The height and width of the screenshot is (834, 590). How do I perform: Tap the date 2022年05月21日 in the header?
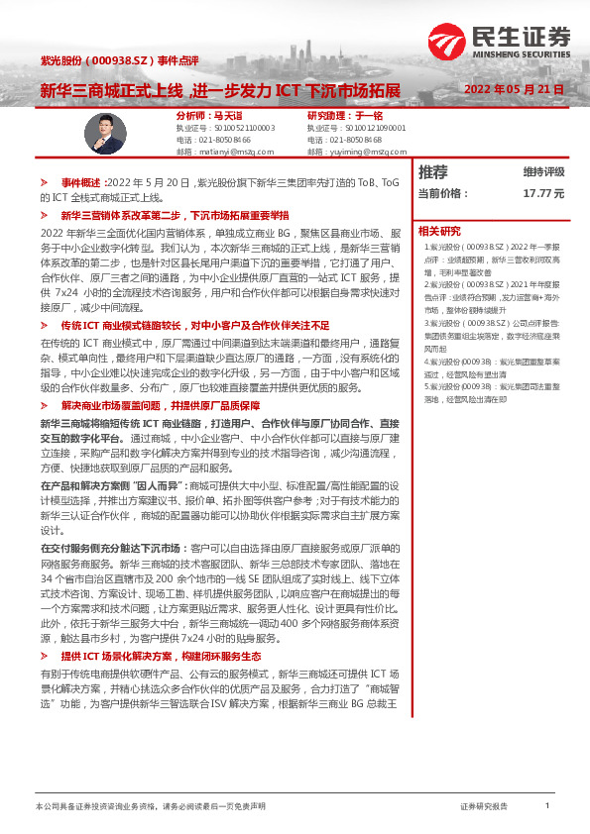[515, 89]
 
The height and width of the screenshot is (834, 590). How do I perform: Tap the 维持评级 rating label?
[543, 171]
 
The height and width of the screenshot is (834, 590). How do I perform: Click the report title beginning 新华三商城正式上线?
[220, 91]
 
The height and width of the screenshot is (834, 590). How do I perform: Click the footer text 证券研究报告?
[484, 806]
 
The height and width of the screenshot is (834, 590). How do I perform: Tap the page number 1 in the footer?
[546, 806]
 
